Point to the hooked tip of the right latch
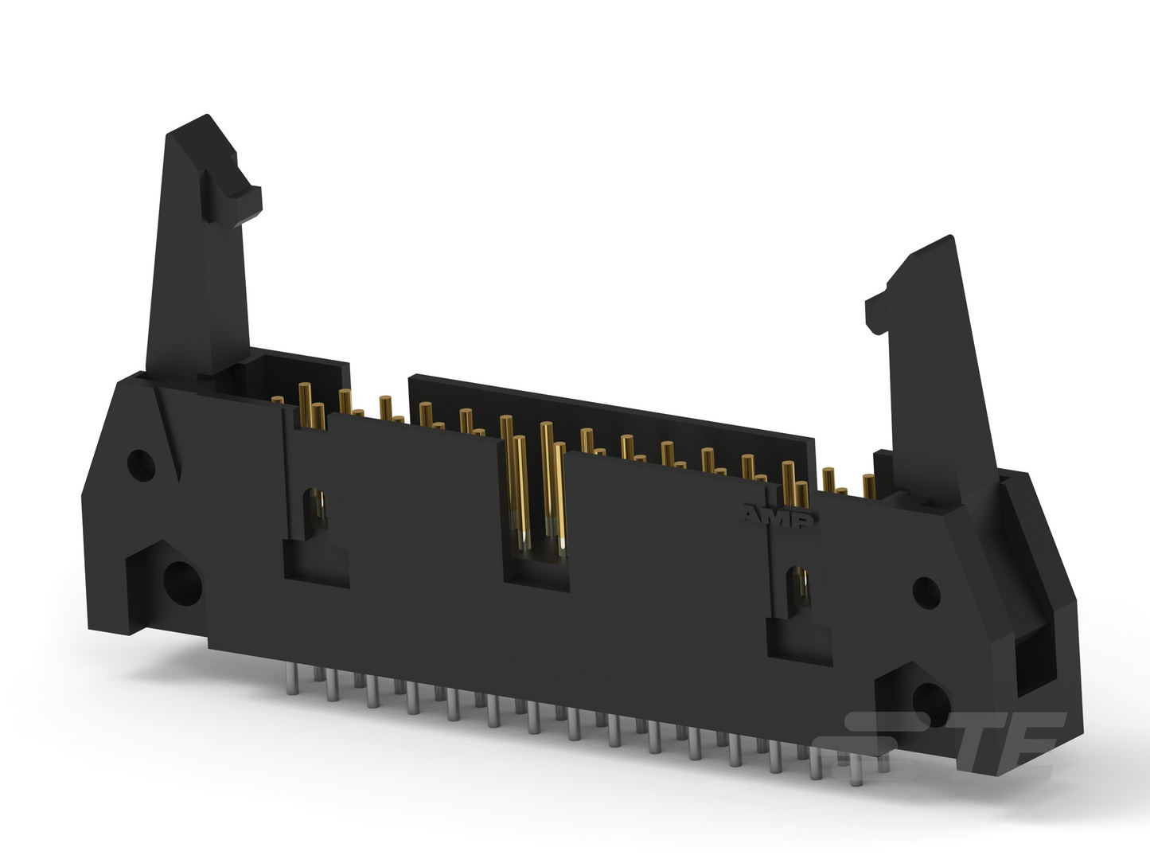coord(878,314)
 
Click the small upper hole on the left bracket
coord(141,465)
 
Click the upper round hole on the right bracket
coord(926,592)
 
